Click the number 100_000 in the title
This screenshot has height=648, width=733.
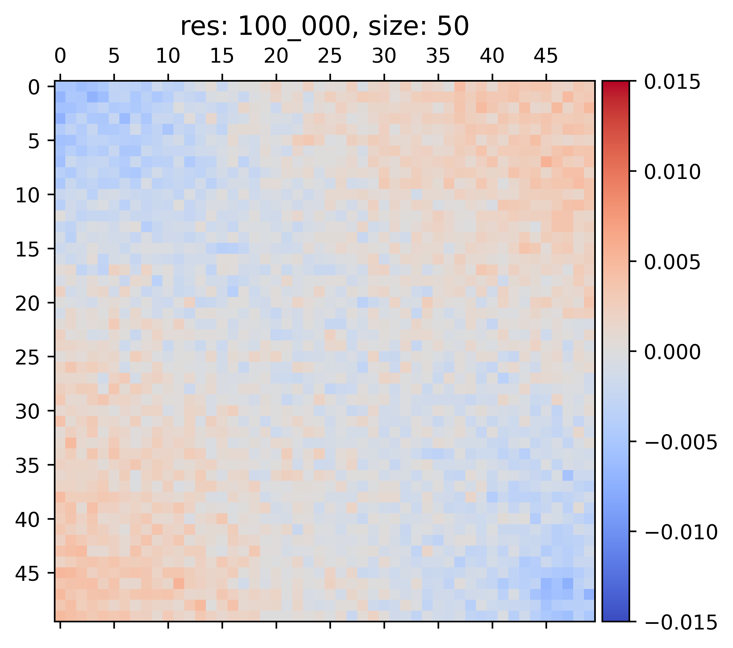[294, 27]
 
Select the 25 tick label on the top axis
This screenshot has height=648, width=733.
[330, 56]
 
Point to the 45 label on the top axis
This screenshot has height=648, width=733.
[546, 56]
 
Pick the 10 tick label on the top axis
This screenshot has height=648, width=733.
[168, 56]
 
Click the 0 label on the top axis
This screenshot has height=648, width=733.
[60, 56]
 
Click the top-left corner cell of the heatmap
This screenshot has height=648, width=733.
[60, 87]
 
